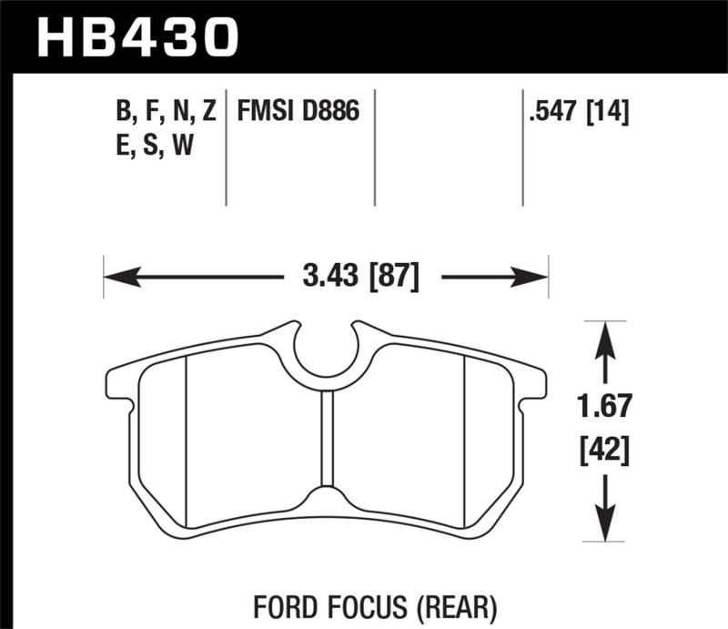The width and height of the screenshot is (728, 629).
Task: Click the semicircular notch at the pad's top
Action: point(326,350)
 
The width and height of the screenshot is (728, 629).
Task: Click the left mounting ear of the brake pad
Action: point(121,383)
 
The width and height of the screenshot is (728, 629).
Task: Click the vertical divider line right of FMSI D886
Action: point(376,146)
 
